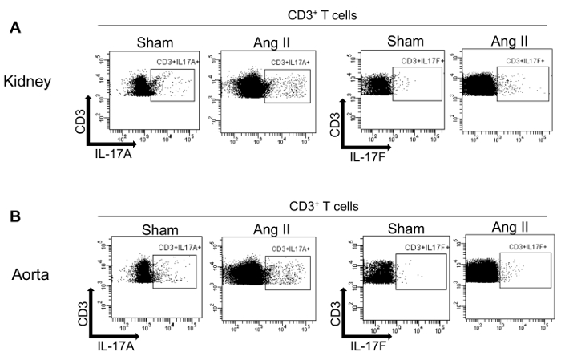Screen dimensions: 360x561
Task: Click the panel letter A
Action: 14,27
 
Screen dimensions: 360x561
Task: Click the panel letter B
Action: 14,216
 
